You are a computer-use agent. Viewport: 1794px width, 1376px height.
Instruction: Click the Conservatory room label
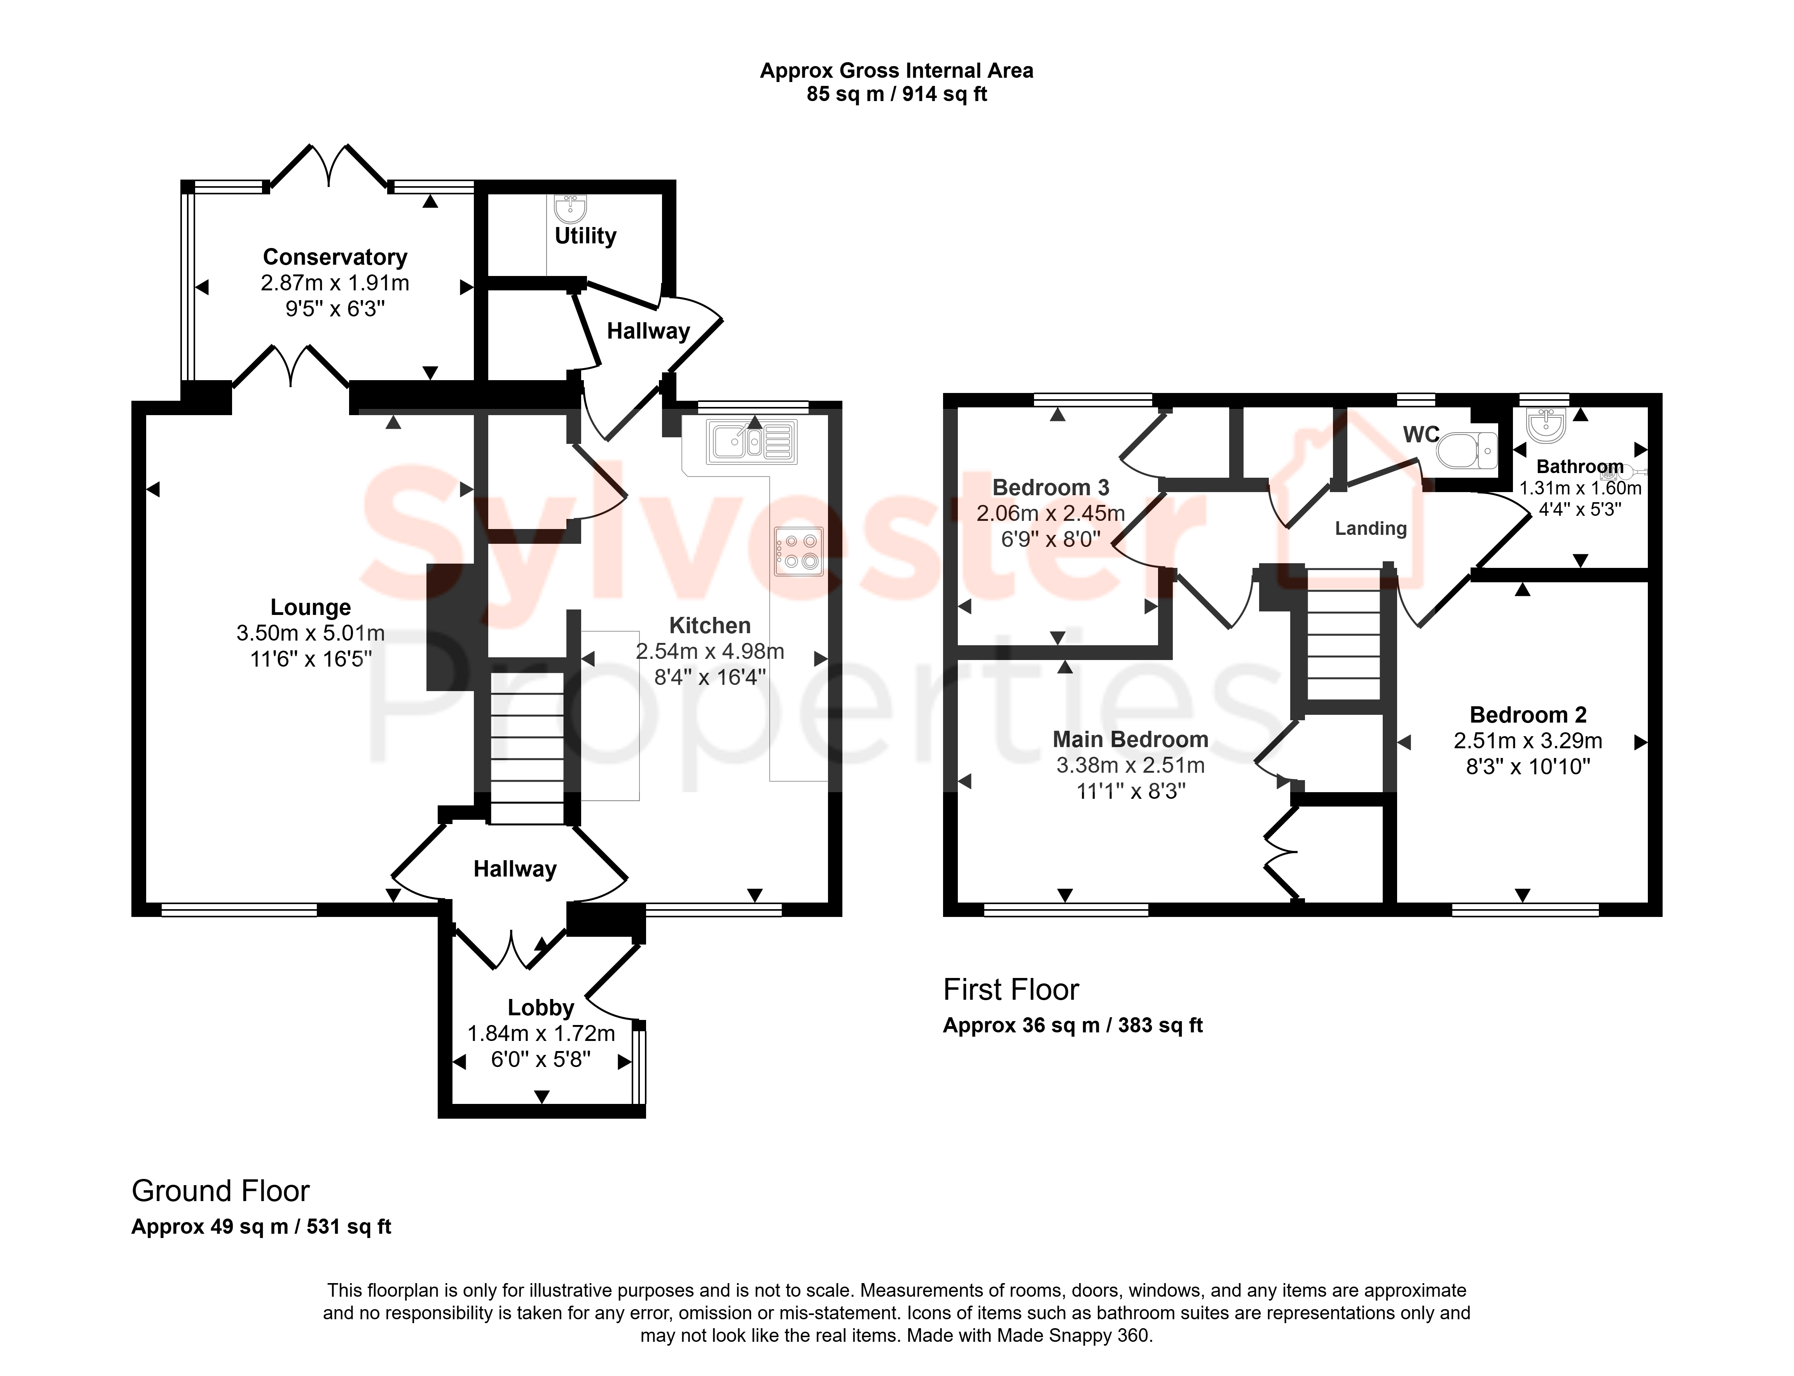(x=335, y=257)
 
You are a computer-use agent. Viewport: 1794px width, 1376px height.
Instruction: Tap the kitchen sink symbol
(x=751, y=442)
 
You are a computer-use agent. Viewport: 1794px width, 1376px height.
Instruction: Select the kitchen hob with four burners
(x=798, y=551)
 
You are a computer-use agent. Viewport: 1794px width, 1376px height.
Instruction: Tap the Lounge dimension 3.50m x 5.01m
(x=311, y=633)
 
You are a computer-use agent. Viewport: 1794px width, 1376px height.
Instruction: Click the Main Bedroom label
(x=1130, y=740)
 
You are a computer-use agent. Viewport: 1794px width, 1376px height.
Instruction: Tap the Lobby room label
(x=541, y=1008)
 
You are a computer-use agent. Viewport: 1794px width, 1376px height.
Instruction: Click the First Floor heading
(x=1011, y=989)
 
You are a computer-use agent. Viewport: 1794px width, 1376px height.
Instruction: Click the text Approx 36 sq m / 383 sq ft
(x=1072, y=1025)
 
